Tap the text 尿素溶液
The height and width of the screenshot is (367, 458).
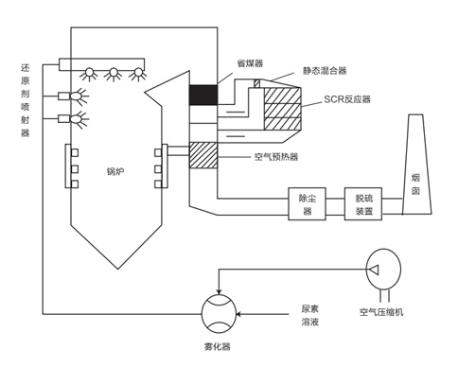(310, 315)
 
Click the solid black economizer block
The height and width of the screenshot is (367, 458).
(203, 96)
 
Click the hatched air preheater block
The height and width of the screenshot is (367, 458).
(203, 153)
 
